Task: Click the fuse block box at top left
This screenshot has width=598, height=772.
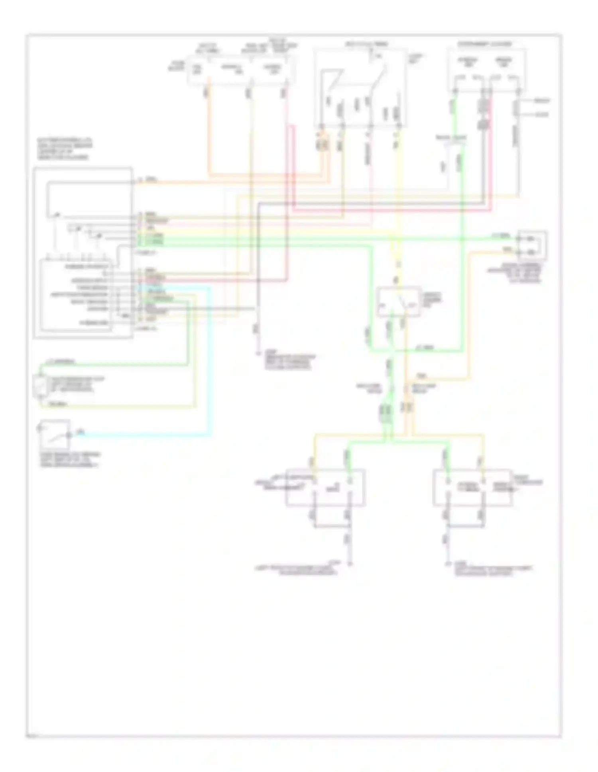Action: (242, 70)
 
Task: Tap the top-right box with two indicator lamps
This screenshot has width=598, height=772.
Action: (486, 70)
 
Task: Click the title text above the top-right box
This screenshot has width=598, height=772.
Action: (485, 44)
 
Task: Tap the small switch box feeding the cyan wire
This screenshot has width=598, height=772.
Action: (55, 435)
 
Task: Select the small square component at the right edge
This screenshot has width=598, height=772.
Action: (532, 245)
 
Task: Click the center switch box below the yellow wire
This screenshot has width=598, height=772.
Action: (398, 302)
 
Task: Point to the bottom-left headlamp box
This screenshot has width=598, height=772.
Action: (325, 488)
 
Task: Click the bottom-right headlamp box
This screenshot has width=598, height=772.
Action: (473, 488)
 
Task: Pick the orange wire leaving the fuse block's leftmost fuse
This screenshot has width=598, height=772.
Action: (209, 131)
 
